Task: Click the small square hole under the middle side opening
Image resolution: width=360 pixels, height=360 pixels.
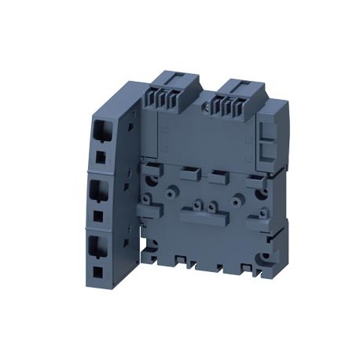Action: pos(97,215)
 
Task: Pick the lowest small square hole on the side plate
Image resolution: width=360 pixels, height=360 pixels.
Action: pos(97,272)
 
